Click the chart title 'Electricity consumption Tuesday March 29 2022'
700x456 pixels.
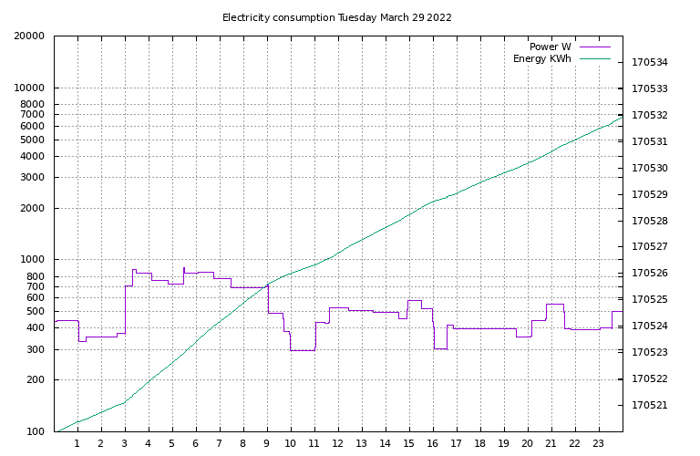(337, 17)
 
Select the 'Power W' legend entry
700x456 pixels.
(550, 47)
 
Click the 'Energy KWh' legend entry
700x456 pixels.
(541, 59)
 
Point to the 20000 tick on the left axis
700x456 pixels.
(31, 36)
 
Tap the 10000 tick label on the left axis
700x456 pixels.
(31, 88)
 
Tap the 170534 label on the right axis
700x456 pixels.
(650, 63)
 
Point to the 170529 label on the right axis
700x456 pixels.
(650, 194)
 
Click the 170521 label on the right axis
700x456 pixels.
(650, 405)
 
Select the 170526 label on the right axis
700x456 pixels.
(650, 274)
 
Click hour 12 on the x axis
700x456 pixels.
(338, 444)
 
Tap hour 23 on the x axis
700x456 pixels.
(599, 444)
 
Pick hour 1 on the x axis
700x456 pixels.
(77, 444)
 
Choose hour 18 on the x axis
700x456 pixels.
(480, 444)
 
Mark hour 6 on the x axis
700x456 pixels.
(196, 444)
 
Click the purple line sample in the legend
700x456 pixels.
(594, 47)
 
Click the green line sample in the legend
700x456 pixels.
(594, 59)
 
